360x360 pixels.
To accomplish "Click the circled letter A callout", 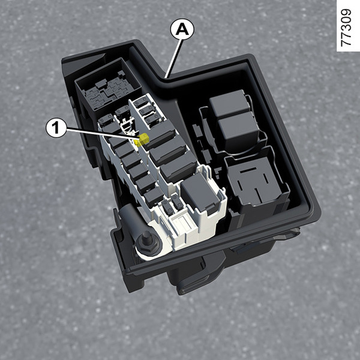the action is (182, 29).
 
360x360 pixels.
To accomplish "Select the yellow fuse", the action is (142, 140).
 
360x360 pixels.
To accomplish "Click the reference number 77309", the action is (346, 28).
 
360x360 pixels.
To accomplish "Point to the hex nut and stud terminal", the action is (146, 243).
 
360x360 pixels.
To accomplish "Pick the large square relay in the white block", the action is (199, 192).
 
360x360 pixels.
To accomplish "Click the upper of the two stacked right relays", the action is (230, 103).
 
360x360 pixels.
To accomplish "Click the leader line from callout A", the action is (175, 58).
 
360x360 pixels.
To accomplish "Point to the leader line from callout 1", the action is (103, 134).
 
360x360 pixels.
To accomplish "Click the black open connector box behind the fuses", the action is (108, 86).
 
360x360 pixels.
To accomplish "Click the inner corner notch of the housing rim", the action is (166, 80).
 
